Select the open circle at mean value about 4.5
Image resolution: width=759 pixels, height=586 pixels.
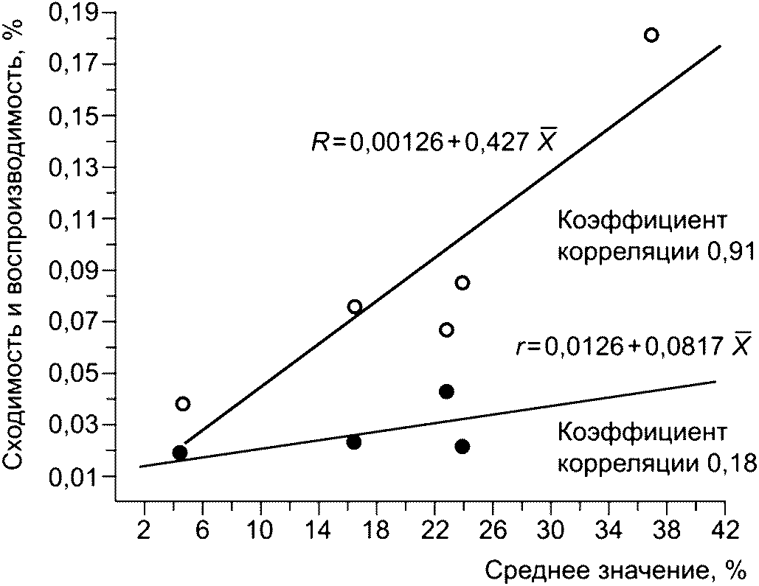(x=183, y=403)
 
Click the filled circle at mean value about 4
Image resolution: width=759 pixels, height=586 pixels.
(x=179, y=452)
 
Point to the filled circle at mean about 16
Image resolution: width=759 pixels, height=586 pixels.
(x=353, y=442)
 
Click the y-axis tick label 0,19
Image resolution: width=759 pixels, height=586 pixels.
(x=80, y=13)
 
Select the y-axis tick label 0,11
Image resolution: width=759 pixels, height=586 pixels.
(x=80, y=219)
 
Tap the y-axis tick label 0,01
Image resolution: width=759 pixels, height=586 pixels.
(x=80, y=477)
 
